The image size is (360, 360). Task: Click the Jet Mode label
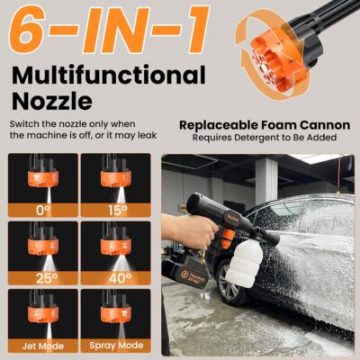coord(43,345)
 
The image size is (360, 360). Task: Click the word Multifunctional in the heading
coord(108,76)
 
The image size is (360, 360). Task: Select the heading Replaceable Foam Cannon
coord(256,126)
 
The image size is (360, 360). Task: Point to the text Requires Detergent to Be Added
coord(256,139)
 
